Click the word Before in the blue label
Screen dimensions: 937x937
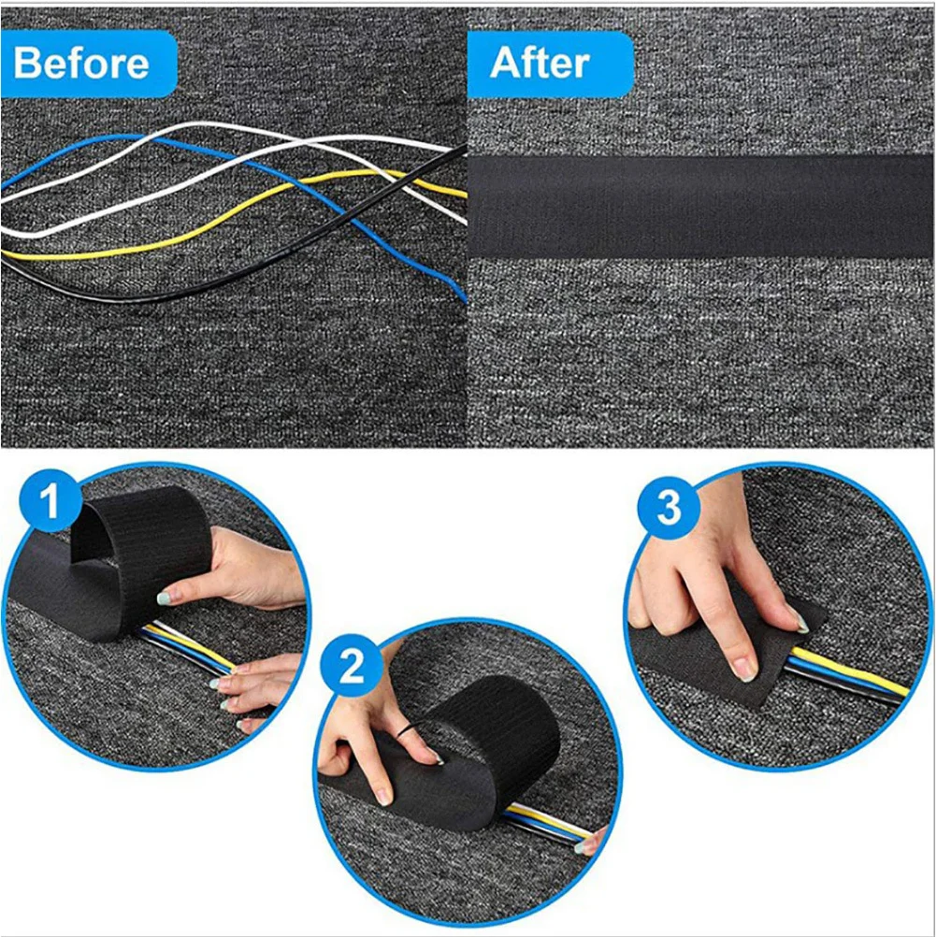(81, 64)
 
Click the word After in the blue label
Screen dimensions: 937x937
(540, 64)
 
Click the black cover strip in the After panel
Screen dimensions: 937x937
(701, 207)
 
